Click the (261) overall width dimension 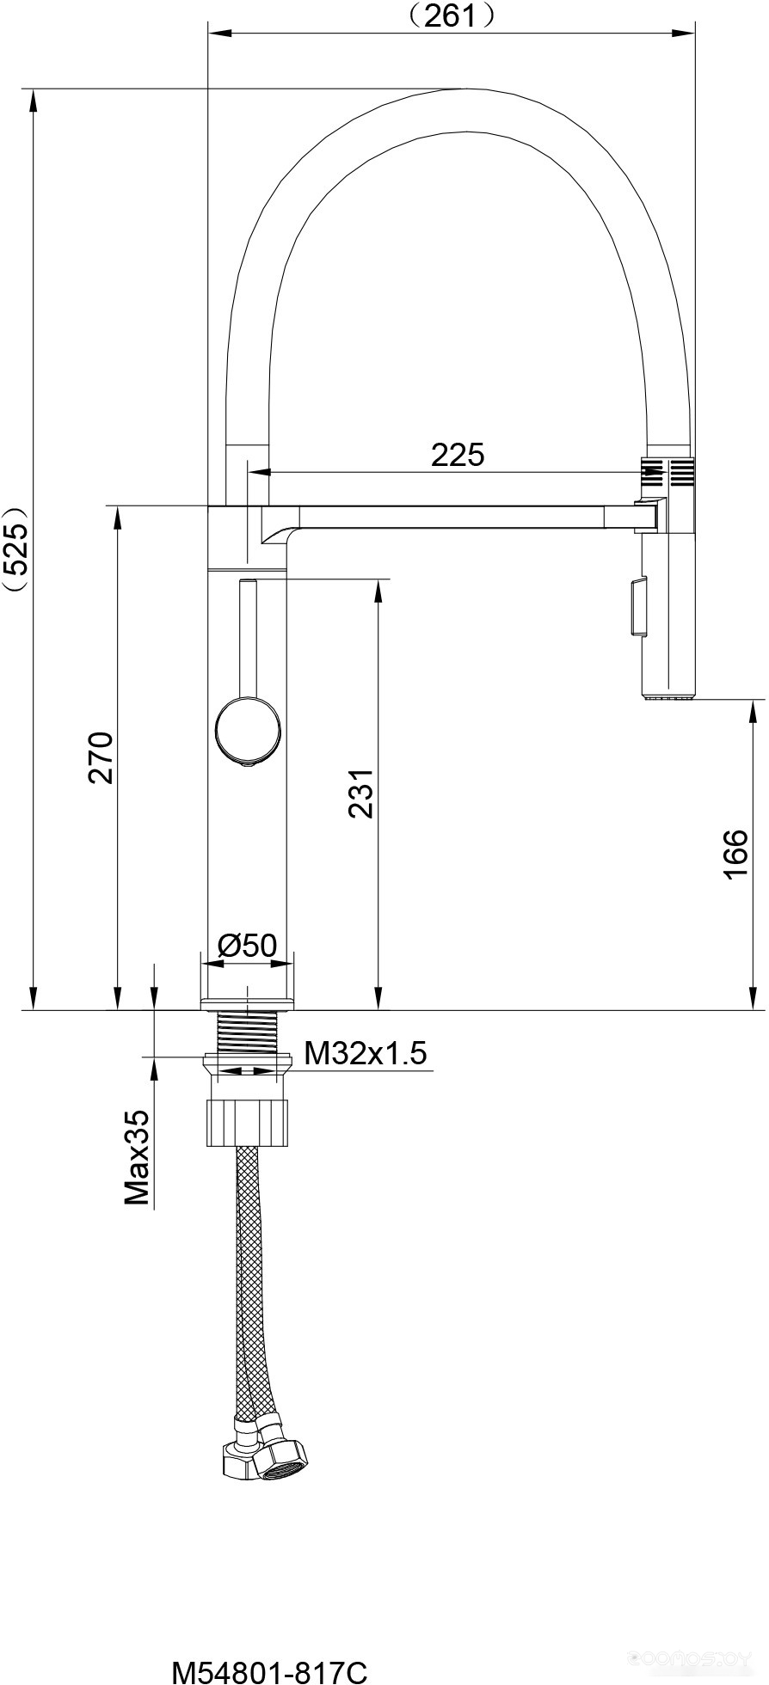coord(450,15)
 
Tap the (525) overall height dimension coord(16,549)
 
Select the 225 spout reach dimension coord(458,454)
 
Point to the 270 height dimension coord(102,757)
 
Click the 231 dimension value coord(361,792)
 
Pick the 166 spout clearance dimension coord(736,855)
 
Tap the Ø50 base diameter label coord(247,946)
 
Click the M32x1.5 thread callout coord(366,1052)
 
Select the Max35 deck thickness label coord(137,1157)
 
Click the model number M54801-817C coord(269,1672)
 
